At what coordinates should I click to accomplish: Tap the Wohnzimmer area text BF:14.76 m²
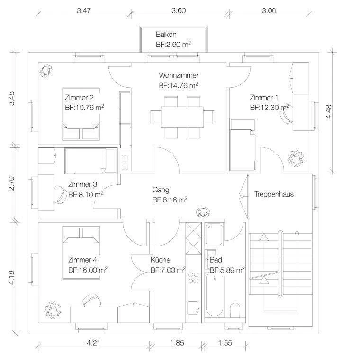[x=179, y=86]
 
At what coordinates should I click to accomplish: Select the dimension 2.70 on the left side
[x=12, y=183]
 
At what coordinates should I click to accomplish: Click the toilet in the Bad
[x=235, y=310]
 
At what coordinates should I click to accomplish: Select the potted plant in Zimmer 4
[x=52, y=310]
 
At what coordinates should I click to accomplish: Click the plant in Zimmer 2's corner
[x=45, y=70]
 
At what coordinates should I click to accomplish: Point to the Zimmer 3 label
[x=82, y=184]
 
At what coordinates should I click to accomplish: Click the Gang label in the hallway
[x=161, y=190]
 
